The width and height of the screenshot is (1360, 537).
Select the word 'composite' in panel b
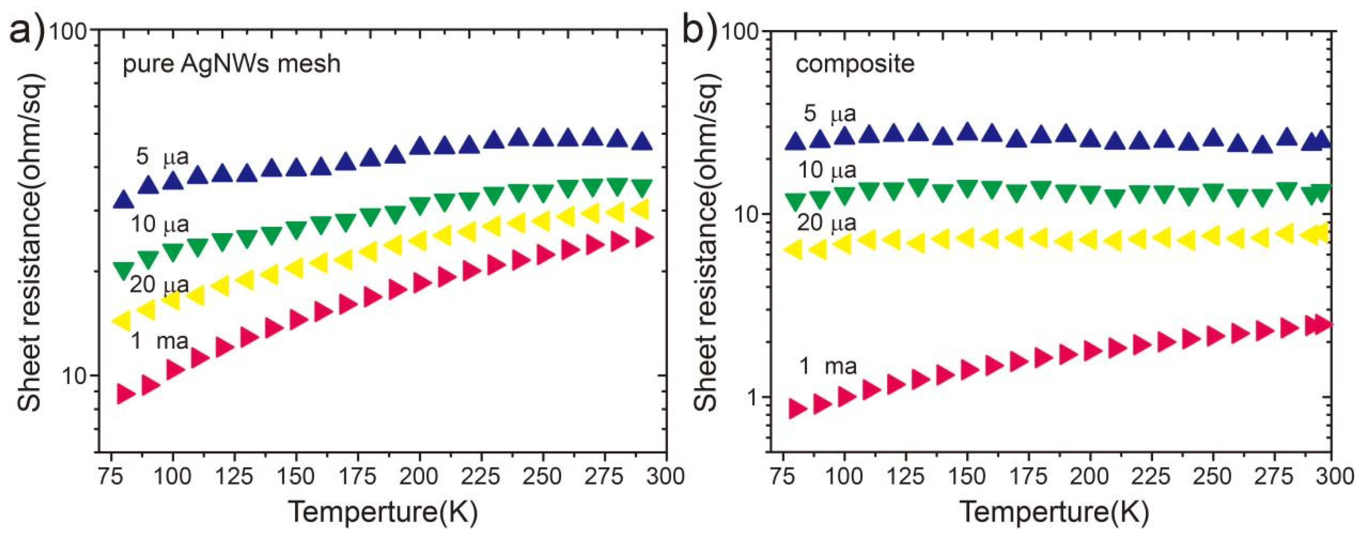(x=855, y=64)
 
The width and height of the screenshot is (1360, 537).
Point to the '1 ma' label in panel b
(x=828, y=366)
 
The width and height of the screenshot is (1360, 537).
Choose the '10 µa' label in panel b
(x=827, y=170)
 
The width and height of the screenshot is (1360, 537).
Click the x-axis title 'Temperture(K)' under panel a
(x=383, y=512)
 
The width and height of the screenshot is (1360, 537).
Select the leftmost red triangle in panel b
(x=797, y=409)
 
